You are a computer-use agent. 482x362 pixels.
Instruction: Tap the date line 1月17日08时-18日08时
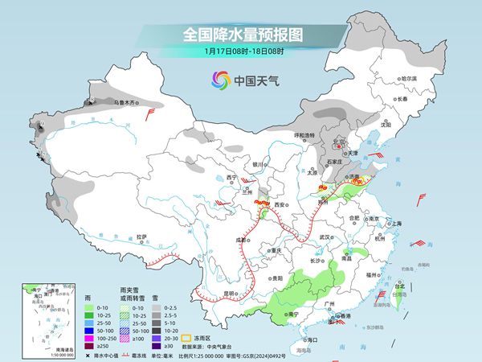[x=241, y=51]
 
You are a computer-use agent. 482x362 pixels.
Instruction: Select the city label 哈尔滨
[x=410, y=78]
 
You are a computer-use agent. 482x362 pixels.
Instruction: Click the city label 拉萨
[x=141, y=237]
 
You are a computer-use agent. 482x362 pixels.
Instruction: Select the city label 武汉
[x=325, y=237]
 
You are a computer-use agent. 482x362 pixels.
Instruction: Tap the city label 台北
[x=400, y=285]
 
